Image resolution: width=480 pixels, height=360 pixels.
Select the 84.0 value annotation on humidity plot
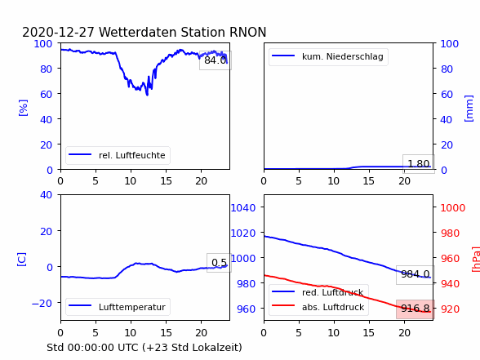click(x=216, y=60)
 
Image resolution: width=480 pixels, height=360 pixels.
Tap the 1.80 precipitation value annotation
click(x=419, y=164)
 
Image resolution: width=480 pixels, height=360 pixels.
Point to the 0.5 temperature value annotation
click(x=219, y=263)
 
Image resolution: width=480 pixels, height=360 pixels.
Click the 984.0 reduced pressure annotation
click(x=416, y=274)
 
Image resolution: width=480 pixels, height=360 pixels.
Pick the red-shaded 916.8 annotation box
click(x=416, y=309)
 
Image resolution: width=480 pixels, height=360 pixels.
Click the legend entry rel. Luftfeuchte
click(x=118, y=155)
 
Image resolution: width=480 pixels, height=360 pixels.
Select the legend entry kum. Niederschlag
click(x=328, y=56)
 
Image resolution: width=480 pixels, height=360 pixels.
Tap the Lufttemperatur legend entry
click(x=118, y=307)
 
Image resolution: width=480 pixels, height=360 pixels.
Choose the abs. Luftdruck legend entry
click(x=318, y=307)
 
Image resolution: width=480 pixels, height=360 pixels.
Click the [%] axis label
click(x=23, y=108)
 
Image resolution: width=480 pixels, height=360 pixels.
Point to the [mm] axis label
click(x=469, y=109)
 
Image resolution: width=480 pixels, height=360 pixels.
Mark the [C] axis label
click(x=22, y=260)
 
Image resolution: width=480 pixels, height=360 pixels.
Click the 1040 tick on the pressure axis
click(x=243, y=208)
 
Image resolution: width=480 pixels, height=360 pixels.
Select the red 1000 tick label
click(x=453, y=208)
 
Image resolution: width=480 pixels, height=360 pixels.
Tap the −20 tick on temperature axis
click(x=42, y=303)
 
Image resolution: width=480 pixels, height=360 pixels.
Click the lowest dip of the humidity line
click(x=147, y=96)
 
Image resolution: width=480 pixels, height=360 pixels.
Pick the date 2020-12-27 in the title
click(x=58, y=32)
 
